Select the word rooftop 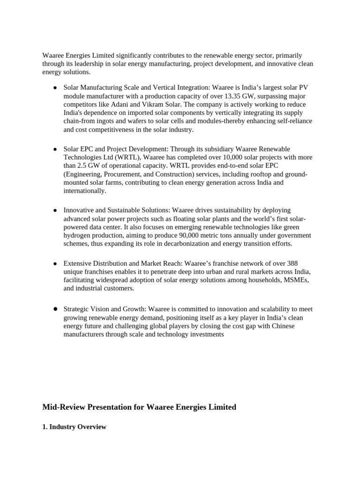coord(255,174)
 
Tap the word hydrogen coord(78,235)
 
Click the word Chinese coord(281,326)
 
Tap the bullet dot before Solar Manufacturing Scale coord(55,88)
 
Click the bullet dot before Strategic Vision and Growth coord(55,309)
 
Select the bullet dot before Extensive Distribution coord(55,264)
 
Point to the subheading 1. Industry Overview coord(74,427)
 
